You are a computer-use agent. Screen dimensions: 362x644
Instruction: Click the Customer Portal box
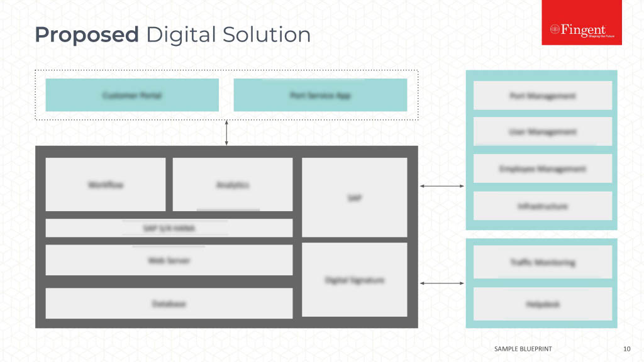(x=132, y=95)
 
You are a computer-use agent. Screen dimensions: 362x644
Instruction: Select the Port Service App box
(x=320, y=95)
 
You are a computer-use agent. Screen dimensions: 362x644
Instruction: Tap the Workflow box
(x=106, y=184)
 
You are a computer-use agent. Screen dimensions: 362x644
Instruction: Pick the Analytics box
(x=233, y=184)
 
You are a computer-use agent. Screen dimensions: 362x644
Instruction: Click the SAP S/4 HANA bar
(x=169, y=228)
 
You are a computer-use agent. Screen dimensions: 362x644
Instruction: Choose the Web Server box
(x=169, y=260)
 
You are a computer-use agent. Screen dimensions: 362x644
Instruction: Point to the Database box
(x=169, y=304)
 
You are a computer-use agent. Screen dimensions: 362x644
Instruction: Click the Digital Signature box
(x=355, y=280)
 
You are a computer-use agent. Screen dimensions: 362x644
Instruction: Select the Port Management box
(x=542, y=96)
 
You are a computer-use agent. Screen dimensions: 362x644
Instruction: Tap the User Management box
(x=542, y=131)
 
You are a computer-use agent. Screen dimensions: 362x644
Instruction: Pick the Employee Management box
(x=542, y=168)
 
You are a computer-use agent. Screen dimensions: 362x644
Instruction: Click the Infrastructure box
(x=542, y=206)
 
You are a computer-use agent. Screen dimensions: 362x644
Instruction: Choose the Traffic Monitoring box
(x=542, y=262)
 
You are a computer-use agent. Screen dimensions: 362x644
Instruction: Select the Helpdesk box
(x=542, y=304)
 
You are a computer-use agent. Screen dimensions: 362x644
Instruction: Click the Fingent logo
(x=582, y=30)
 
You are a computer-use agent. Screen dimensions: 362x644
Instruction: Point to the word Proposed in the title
(x=87, y=35)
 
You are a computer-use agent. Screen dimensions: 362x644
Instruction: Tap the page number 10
(x=626, y=348)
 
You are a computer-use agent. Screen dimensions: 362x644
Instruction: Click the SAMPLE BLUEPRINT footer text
(x=524, y=348)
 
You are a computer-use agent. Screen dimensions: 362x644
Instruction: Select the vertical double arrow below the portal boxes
(x=226, y=133)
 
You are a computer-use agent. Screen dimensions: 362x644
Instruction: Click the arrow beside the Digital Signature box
(x=441, y=283)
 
